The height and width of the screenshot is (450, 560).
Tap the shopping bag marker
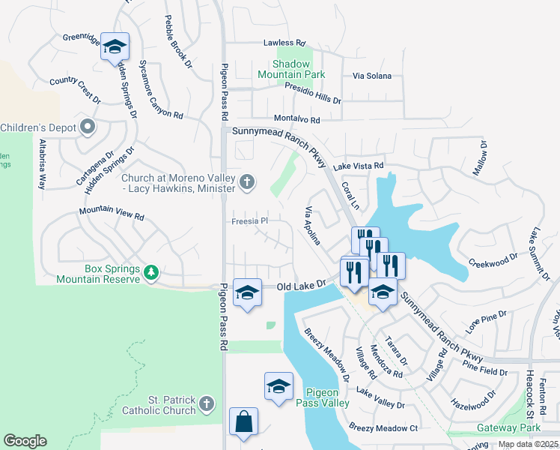click(x=244, y=421)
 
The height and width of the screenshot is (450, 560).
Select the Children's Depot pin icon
click(x=88, y=127)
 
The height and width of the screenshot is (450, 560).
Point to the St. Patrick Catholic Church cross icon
click(x=207, y=405)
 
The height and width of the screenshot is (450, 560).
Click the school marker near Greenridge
click(x=115, y=47)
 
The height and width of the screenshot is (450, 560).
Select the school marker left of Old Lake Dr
click(x=247, y=292)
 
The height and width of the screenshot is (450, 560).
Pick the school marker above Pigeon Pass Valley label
click(x=279, y=386)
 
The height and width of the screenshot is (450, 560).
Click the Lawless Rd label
click(x=284, y=43)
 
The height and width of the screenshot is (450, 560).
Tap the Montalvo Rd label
click(x=296, y=119)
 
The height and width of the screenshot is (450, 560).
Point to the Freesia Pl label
click(x=249, y=221)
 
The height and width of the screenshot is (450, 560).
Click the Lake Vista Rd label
click(x=359, y=166)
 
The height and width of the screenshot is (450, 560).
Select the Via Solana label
click(x=373, y=76)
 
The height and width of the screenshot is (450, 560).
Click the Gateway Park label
click(x=509, y=428)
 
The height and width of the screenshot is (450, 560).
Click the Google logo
click(x=25, y=441)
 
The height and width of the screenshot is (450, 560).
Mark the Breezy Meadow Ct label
click(x=383, y=428)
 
